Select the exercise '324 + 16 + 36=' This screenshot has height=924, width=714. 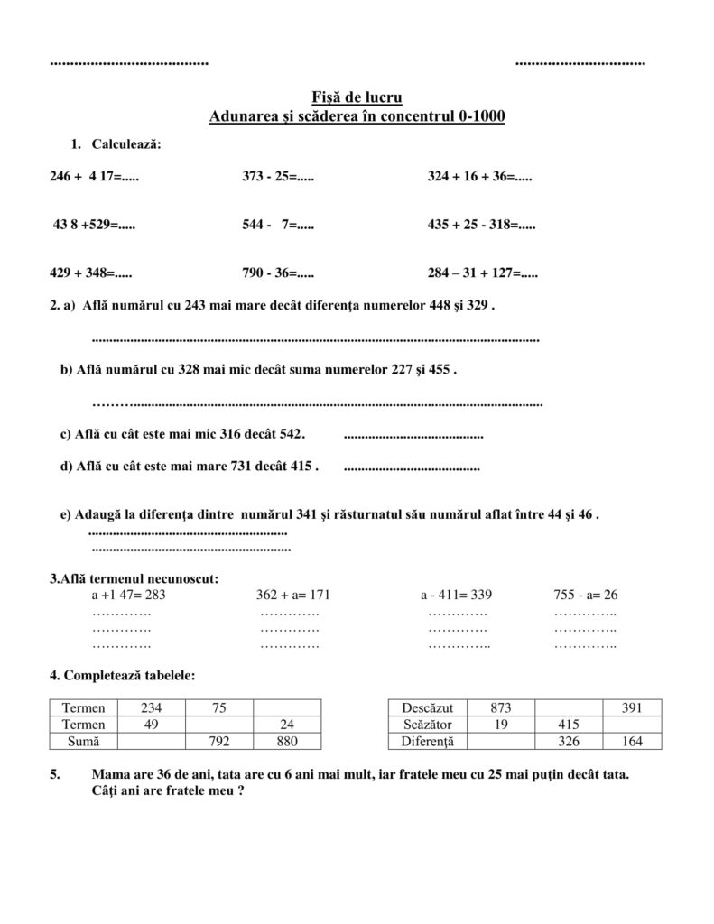(x=479, y=177)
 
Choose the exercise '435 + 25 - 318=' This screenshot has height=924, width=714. (x=481, y=225)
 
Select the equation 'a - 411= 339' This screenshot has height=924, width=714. (x=456, y=595)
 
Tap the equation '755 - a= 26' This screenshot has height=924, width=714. (x=585, y=595)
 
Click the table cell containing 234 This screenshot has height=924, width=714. (x=152, y=707)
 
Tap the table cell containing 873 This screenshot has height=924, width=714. (x=501, y=707)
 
